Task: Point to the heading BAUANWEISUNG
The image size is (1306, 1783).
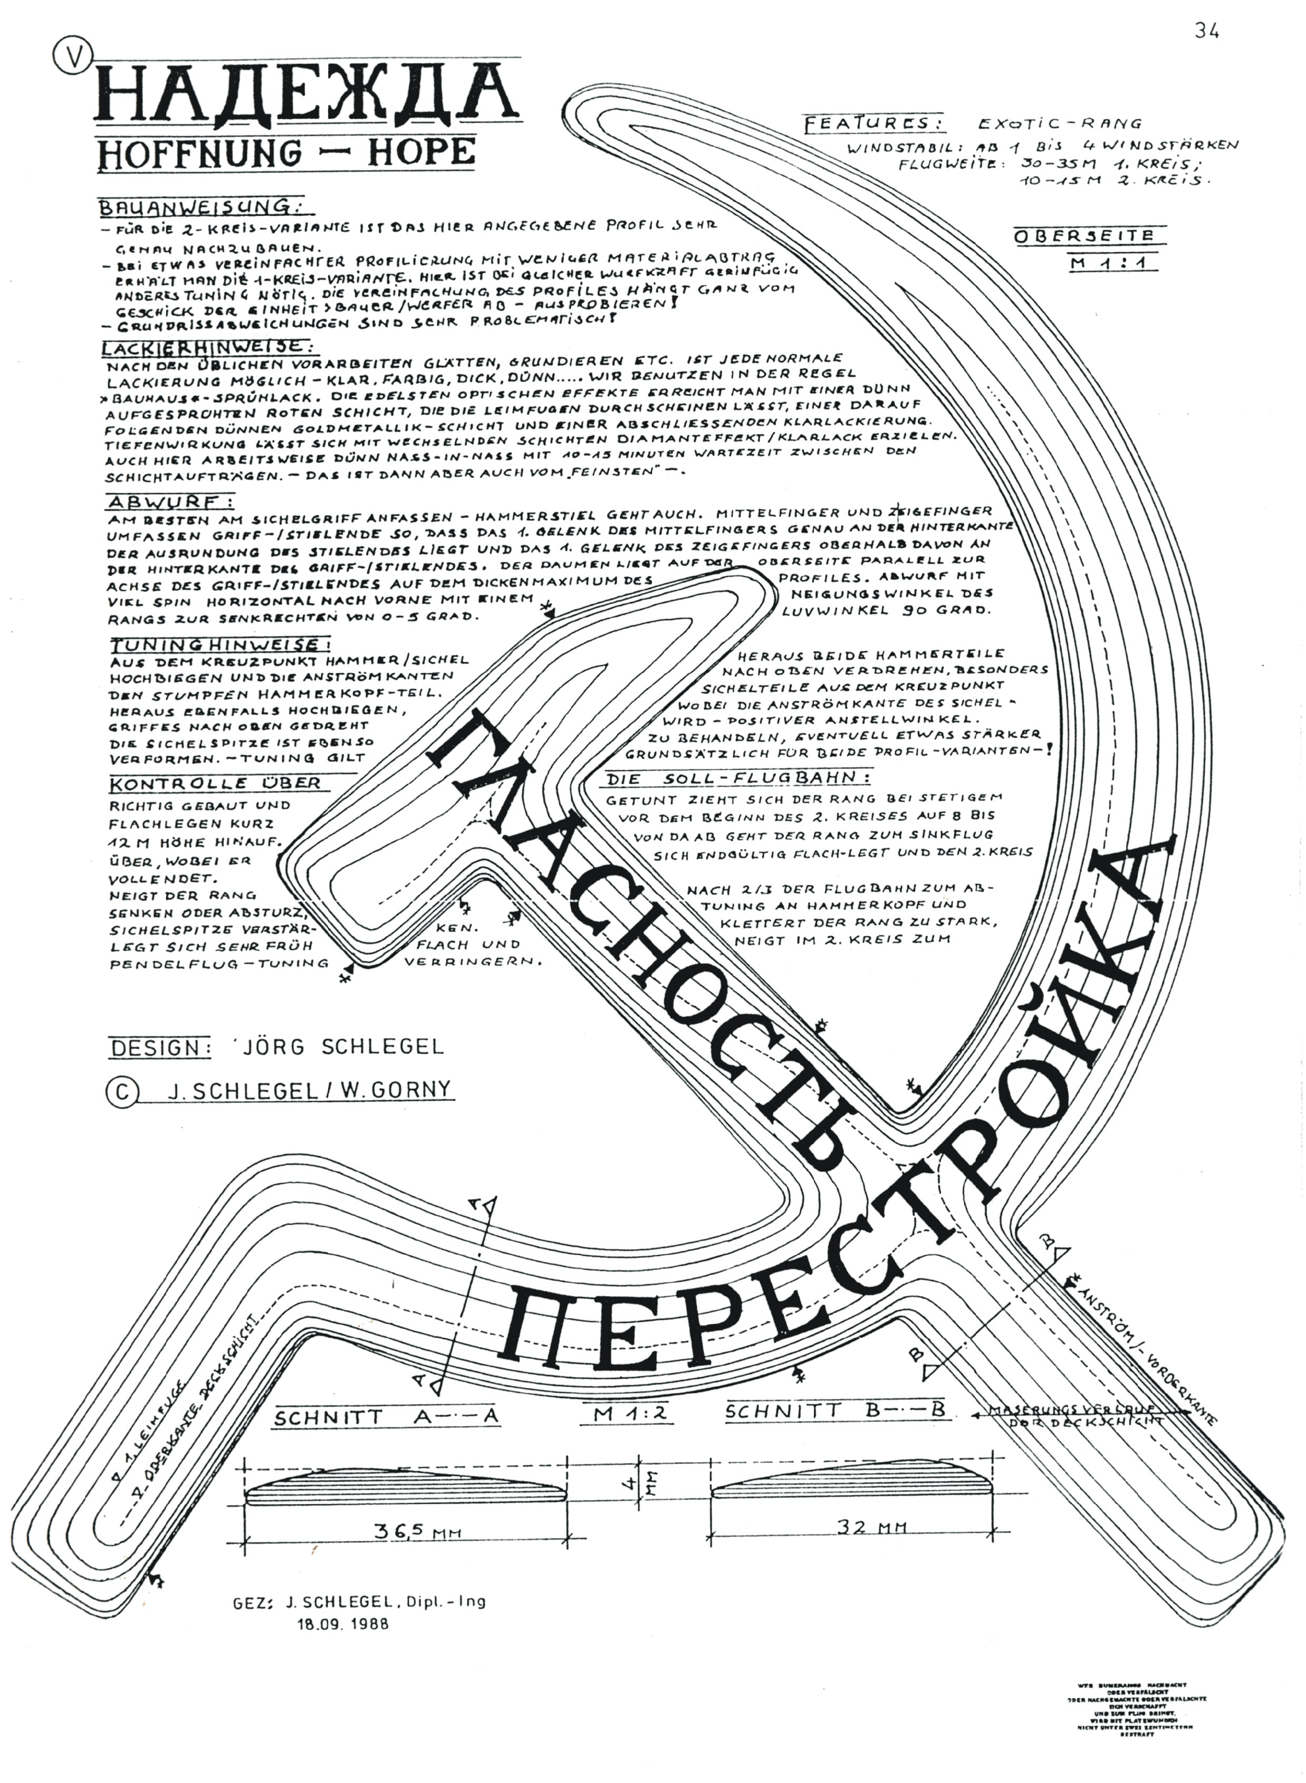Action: tap(198, 208)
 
